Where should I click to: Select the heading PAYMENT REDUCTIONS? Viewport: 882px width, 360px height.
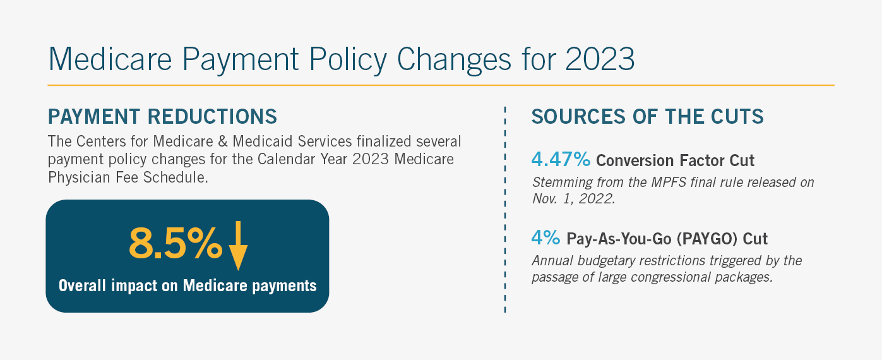point(162,117)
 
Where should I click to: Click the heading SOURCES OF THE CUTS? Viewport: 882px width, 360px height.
point(648,117)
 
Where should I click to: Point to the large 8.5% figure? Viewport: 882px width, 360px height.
point(176,243)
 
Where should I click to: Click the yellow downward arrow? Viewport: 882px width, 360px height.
point(238,246)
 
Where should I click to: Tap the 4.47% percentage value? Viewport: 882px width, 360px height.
point(561,160)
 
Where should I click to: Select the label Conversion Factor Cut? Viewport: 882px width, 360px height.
point(675,160)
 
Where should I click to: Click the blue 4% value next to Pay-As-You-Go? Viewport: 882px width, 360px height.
point(545,238)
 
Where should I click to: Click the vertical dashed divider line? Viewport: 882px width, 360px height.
point(505,208)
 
